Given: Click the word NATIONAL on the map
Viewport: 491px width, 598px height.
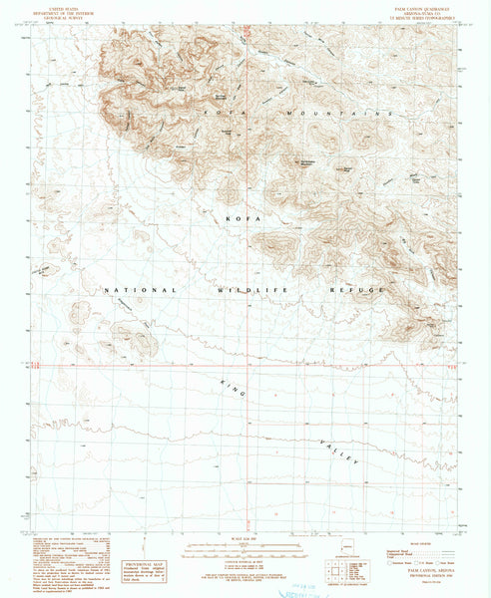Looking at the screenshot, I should [141, 289].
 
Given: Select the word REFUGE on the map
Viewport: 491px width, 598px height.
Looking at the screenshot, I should [355, 289].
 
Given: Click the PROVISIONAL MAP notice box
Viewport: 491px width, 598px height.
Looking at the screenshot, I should [143, 569].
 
